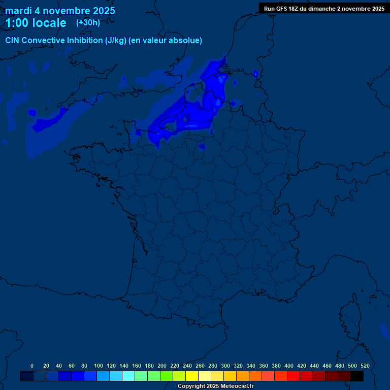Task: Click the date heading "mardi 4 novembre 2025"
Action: (x=60, y=11)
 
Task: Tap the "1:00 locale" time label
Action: (x=36, y=23)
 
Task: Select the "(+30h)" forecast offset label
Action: (x=88, y=23)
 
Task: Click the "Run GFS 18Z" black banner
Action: (x=324, y=9)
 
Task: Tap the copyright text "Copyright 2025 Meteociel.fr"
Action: (x=215, y=386)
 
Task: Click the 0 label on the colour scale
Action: (x=32, y=366)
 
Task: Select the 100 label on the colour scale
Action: (x=99, y=366)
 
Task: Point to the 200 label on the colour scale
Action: (x=162, y=366)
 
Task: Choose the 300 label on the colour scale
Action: (x=225, y=366)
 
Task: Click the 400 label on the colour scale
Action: (x=289, y=366)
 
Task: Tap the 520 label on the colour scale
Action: (x=365, y=366)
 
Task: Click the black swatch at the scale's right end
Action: (x=357, y=376)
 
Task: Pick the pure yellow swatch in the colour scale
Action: (x=192, y=376)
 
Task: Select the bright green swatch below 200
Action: (x=167, y=376)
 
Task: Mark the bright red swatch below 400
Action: (x=294, y=376)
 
